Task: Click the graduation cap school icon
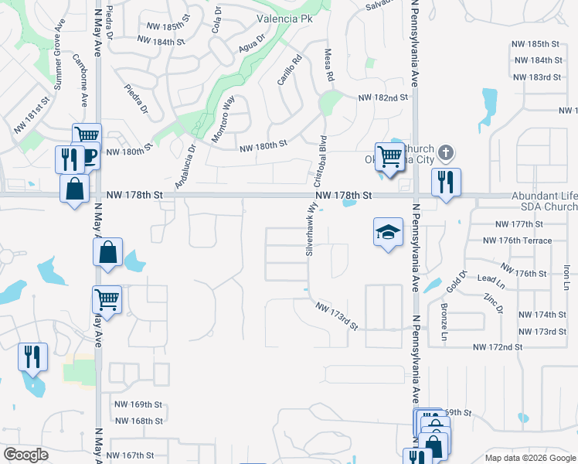(x=388, y=232)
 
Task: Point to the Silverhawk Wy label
(x=310, y=231)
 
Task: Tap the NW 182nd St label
(x=382, y=98)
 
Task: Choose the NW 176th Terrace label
(x=518, y=241)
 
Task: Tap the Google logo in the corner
(x=25, y=455)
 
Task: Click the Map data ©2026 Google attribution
(x=530, y=458)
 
